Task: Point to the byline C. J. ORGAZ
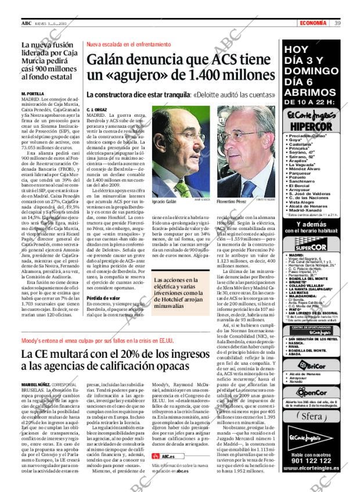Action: [x=96, y=109]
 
